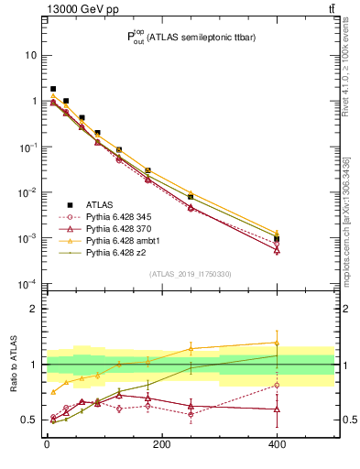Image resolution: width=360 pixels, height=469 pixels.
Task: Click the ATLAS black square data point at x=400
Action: click(x=277, y=239)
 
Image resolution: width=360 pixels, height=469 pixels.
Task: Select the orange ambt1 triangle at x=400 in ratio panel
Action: click(x=277, y=343)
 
